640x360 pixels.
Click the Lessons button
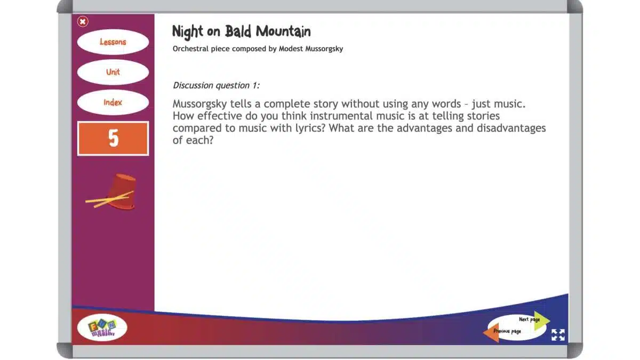113,42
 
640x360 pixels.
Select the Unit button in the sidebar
113,72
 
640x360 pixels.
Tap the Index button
113,102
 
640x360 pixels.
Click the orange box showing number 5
113,139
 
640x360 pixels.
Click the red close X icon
83,21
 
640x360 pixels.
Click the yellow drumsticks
104,201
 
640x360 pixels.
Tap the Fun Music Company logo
102,327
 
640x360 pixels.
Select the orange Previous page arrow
491,332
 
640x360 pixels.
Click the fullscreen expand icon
558,335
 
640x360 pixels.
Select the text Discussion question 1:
216,85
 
